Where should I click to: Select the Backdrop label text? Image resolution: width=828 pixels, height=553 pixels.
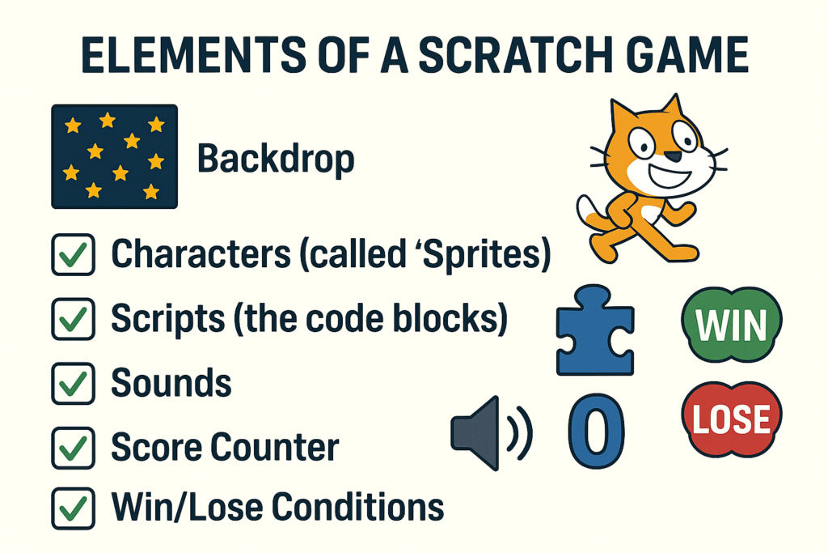[x=276, y=158]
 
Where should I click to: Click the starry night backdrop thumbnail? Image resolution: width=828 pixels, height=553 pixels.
[x=115, y=156]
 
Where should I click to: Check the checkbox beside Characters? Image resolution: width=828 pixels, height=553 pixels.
[x=74, y=255]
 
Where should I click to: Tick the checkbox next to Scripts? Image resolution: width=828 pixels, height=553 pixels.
[x=74, y=319]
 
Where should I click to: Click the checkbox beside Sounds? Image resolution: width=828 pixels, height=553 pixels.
[x=74, y=383]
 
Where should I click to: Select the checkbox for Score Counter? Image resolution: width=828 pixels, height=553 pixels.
[x=74, y=448]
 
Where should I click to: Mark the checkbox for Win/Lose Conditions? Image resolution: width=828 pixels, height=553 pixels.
[x=74, y=508]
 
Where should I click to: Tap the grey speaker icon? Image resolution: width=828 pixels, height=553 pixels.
[x=491, y=433]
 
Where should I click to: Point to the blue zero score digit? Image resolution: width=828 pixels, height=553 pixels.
[x=597, y=431]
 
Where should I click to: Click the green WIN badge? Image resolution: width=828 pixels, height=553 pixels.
[x=732, y=325]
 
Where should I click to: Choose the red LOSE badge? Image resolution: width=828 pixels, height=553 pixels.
[x=732, y=419]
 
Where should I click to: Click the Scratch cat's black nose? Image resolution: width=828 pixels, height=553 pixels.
[x=672, y=156]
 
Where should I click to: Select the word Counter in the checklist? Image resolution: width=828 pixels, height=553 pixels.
[x=275, y=447]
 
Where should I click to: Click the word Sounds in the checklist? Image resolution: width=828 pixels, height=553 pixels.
[x=171, y=383]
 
